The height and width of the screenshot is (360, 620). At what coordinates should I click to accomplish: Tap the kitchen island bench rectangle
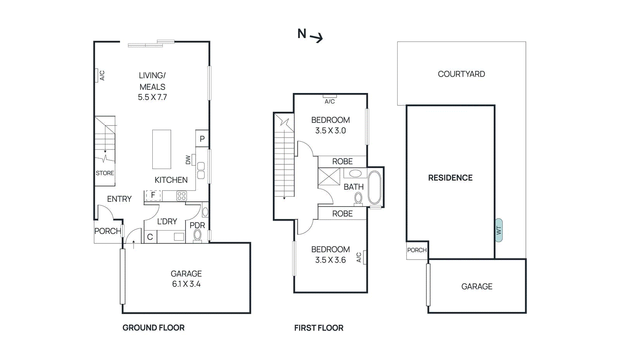pyautogui.click(x=162, y=149)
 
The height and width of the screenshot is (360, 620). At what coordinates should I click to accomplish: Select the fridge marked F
pyautogui.click(x=153, y=195)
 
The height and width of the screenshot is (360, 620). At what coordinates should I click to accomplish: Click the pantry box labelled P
pyautogui.click(x=202, y=139)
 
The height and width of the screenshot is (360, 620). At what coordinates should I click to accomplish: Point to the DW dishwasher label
pyautogui.click(x=188, y=160)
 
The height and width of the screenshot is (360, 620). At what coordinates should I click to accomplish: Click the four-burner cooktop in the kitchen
pyautogui.click(x=181, y=196)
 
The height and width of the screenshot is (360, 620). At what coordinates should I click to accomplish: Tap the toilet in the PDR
pyautogui.click(x=198, y=235)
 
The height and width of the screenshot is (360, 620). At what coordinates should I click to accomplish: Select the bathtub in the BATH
pyautogui.click(x=374, y=188)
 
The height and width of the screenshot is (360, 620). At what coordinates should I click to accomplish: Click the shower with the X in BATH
pyautogui.click(x=329, y=177)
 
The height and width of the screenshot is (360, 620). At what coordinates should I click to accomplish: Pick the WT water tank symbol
pyautogui.click(x=499, y=230)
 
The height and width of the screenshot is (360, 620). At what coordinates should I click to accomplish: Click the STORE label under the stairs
pyautogui.click(x=105, y=173)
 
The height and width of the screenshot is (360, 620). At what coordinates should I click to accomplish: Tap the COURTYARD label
pyautogui.click(x=461, y=74)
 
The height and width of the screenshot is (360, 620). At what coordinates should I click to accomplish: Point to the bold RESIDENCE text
pyautogui.click(x=450, y=178)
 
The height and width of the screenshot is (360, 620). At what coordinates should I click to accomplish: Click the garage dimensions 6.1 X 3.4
pyautogui.click(x=186, y=284)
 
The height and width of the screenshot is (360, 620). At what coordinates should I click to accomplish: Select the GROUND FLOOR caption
pyautogui.click(x=153, y=328)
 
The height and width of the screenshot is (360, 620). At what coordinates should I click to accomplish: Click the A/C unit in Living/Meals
pyautogui.click(x=96, y=76)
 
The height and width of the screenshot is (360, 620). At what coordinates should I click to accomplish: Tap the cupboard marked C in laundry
pyautogui.click(x=150, y=237)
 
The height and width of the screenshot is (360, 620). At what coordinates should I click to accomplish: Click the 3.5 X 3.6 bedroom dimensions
pyautogui.click(x=330, y=260)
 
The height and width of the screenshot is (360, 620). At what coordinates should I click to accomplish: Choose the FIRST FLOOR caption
pyautogui.click(x=319, y=328)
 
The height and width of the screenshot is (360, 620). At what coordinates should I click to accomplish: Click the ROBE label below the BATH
pyautogui.click(x=342, y=214)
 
